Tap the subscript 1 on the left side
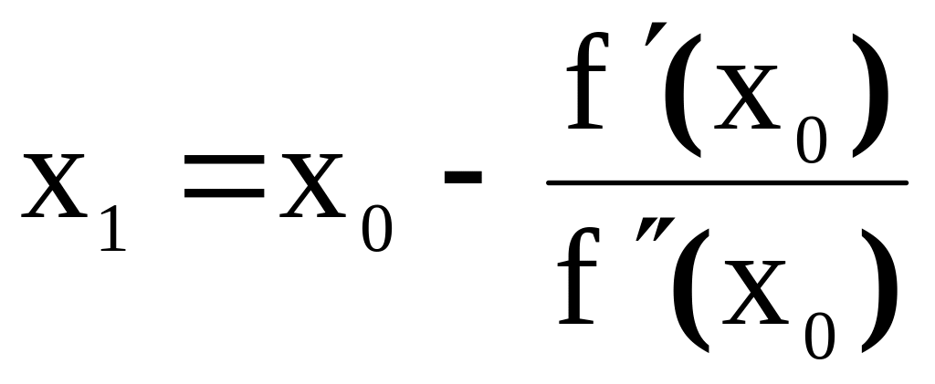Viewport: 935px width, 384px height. coord(109,223)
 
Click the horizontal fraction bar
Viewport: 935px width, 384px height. coord(726,182)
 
